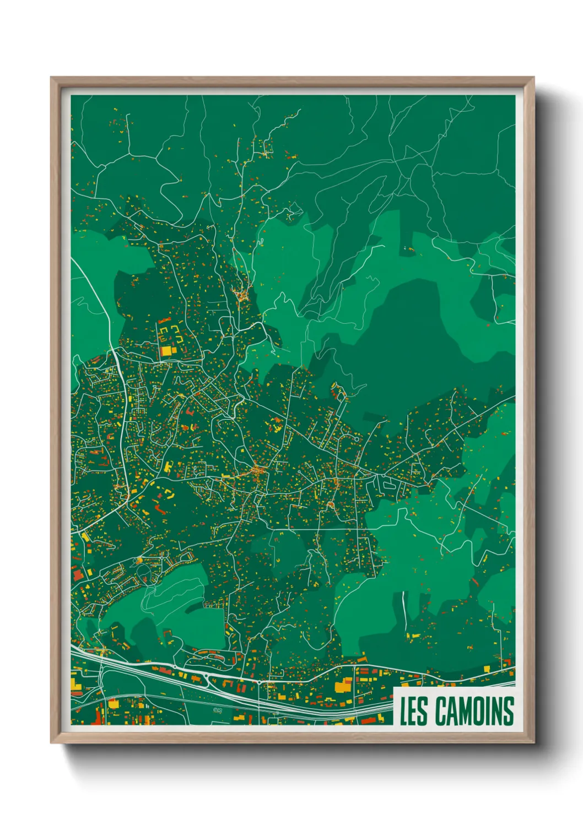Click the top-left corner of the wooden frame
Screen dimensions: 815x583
(51, 78)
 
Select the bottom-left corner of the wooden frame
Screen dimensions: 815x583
(51, 743)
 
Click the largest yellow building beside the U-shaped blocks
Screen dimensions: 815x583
(166, 351)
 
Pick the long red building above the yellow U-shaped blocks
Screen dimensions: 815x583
(164, 320)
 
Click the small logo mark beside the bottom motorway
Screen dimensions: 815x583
(217, 710)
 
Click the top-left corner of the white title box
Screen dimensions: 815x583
(394, 688)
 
